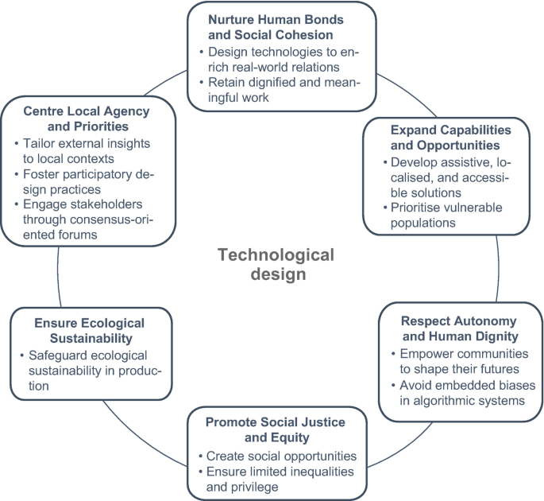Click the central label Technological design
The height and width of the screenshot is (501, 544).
[x=276, y=264]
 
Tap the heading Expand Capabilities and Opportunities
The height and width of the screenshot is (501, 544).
[x=450, y=137]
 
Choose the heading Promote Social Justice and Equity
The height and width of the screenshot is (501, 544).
[x=276, y=429]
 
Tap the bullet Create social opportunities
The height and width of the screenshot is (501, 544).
[x=280, y=456]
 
